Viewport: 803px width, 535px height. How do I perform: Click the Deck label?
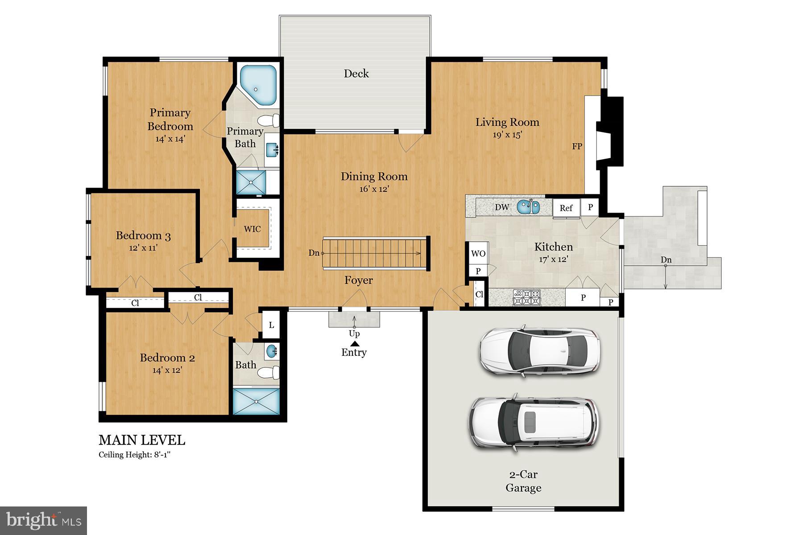coord(356,74)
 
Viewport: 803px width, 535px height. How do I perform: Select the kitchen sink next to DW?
coord(529,207)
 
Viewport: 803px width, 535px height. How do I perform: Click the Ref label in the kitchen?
coord(566,208)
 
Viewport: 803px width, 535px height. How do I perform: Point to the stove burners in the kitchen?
coord(527,297)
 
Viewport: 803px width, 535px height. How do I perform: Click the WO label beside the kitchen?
coord(478,254)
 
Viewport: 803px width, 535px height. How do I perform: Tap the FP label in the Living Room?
coord(577,146)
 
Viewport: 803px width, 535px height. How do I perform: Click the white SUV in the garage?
coord(534,422)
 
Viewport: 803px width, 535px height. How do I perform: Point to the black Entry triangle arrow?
coord(355,344)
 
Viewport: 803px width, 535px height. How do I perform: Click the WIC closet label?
coord(252,229)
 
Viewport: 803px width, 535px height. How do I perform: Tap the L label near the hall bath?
coord(271,325)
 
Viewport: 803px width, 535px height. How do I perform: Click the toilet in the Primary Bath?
coord(269,120)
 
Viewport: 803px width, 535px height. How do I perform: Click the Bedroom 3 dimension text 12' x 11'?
coord(143,248)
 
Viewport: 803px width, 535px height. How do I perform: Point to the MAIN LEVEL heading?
coord(141,440)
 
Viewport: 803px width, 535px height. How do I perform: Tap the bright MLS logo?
coord(43,520)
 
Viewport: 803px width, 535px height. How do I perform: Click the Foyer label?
coord(358,280)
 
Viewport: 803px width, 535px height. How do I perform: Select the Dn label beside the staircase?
coord(314,253)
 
